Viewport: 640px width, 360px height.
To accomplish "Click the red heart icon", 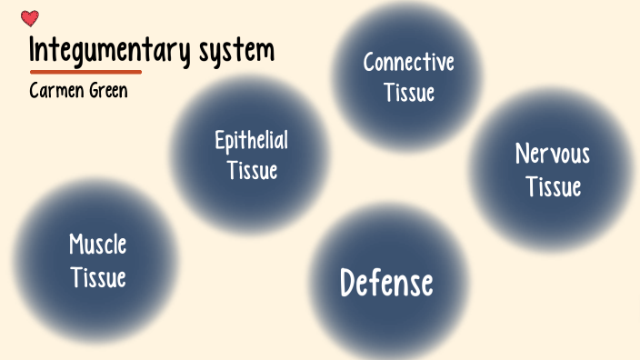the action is (30, 18).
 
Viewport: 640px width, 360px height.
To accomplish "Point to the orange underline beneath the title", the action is (85, 71).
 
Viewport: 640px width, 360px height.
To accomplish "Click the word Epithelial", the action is (252, 141).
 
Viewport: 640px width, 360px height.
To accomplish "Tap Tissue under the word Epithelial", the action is (252, 170).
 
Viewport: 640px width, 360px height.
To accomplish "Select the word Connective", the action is (408, 63).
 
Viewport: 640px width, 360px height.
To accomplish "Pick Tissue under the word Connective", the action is (408, 92).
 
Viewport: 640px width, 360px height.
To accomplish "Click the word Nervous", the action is (553, 154).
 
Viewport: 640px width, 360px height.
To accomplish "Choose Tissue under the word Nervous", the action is (553, 186).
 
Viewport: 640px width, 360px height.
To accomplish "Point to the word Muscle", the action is (97, 245).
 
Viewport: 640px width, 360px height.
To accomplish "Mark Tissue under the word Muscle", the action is (97, 276).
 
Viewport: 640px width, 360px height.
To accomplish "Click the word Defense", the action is (386, 284).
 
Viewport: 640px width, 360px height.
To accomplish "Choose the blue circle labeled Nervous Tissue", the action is (551, 218).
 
